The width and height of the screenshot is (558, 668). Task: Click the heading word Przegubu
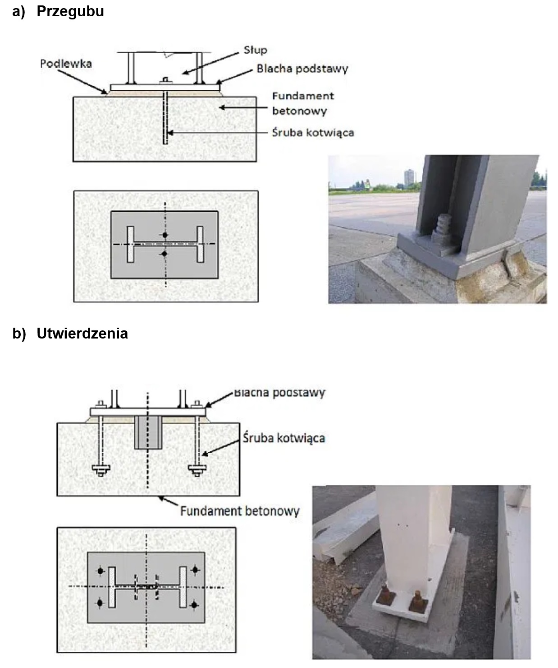tap(70, 11)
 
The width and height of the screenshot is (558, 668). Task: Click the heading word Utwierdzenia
tap(82, 334)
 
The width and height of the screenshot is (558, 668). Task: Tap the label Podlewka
tap(66, 64)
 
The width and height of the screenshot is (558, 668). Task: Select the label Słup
tap(255, 50)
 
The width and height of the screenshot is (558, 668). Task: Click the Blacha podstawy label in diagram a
tap(302, 69)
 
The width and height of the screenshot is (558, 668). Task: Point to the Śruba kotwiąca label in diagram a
tap(313, 132)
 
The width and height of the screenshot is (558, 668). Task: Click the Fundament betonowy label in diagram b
tap(240, 511)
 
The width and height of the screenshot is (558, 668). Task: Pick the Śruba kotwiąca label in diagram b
tap(284, 438)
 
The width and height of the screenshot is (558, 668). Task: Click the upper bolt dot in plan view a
tap(165, 235)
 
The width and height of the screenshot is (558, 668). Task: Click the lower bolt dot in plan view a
tap(165, 254)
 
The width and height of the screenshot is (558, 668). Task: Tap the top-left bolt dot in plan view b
tap(100, 571)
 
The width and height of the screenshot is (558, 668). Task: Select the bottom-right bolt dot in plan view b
tap(194, 604)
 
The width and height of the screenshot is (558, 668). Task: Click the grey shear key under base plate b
tap(148, 432)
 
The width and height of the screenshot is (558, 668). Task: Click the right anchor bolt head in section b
tap(197, 469)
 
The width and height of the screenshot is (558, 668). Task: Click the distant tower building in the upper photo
tap(409, 177)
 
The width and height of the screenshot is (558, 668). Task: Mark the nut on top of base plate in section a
tap(165, 81)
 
